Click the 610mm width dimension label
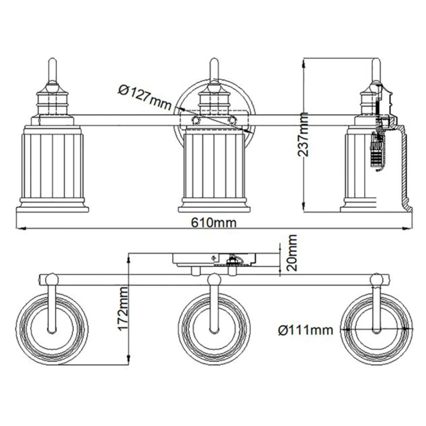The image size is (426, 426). click(214, 223)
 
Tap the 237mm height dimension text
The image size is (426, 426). click(303, 135)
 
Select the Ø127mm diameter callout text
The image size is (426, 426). click(145, 97)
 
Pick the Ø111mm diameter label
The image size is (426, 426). click(306, 330)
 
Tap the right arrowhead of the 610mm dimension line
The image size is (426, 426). click(408, 229)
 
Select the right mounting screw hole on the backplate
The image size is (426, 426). click(232, 120)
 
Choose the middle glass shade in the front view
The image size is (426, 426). click(214, 169)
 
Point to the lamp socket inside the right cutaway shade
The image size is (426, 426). click(377, 152)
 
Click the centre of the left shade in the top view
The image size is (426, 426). click(52, 329)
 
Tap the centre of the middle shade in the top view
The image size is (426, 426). click(214, 329)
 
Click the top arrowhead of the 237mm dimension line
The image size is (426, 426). click(304, 63)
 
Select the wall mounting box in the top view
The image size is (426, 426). click(214, 260)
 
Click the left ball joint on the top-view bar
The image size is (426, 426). click(52, 279)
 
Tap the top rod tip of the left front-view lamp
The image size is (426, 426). click(52, 59)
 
